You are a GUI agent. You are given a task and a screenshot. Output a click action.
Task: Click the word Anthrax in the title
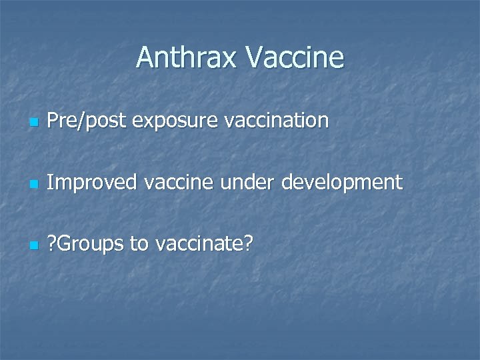point(187,58)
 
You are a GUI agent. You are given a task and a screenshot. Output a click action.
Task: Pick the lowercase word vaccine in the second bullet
point(178,183)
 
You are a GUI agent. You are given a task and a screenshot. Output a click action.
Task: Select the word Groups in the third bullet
point(92,245)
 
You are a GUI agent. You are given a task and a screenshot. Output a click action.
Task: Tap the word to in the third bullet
point(139,244)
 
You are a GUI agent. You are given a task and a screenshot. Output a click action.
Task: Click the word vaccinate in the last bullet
point(199,244)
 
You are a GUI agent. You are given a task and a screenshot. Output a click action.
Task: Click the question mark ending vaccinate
point(247,244)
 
